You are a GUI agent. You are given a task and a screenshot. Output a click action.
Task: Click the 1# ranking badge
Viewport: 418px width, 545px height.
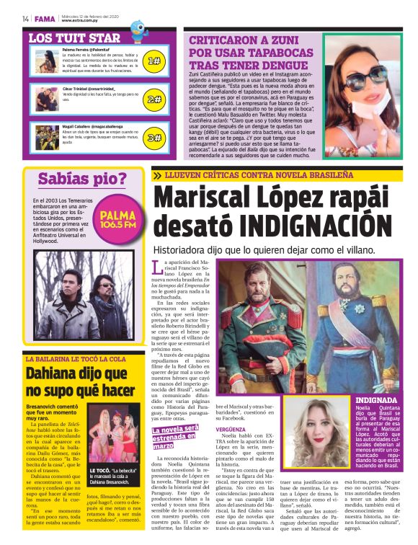click(154, 61)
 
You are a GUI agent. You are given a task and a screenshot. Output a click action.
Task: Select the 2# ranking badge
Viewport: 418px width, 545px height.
click(154, 99)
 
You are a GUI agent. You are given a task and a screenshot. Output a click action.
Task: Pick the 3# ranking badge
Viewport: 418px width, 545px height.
click(154, 138)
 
